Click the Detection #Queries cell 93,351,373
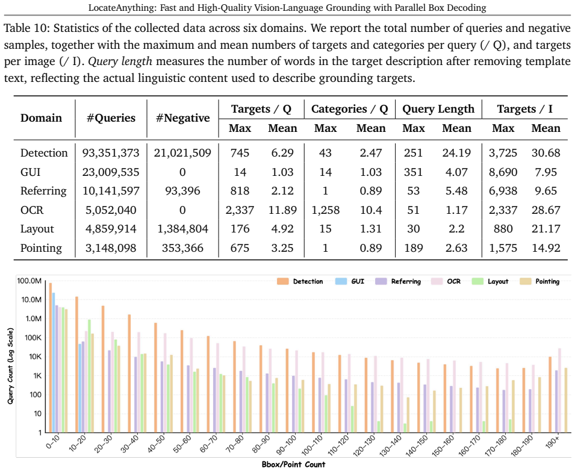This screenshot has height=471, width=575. click(x=111, y=153)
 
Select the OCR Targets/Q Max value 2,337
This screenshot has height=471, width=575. click(x=240, y=210)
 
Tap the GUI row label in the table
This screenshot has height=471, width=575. click(x=31, y=172)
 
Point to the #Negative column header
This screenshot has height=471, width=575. click(x=182, y=118)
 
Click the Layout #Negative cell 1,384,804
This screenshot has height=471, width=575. click(x=182, y=229)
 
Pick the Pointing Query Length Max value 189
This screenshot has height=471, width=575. click(x=413, y=248)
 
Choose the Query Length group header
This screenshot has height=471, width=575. click(x=438, y=109)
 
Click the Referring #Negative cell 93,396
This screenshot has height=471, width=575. click(x=182, y=191)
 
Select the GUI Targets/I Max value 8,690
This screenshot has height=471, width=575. click(x=503, y=172)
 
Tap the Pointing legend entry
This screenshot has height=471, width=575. click(x=540, y=281)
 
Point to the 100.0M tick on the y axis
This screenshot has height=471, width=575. click(x=29, y=281)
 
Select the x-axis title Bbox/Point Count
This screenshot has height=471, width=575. click(x=293, y=464)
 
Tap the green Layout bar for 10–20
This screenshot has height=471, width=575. click(x=89, y=376)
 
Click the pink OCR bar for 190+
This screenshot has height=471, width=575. click(x=559, y=390)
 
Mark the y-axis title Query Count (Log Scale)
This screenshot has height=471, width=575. click(x=10, y=366)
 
